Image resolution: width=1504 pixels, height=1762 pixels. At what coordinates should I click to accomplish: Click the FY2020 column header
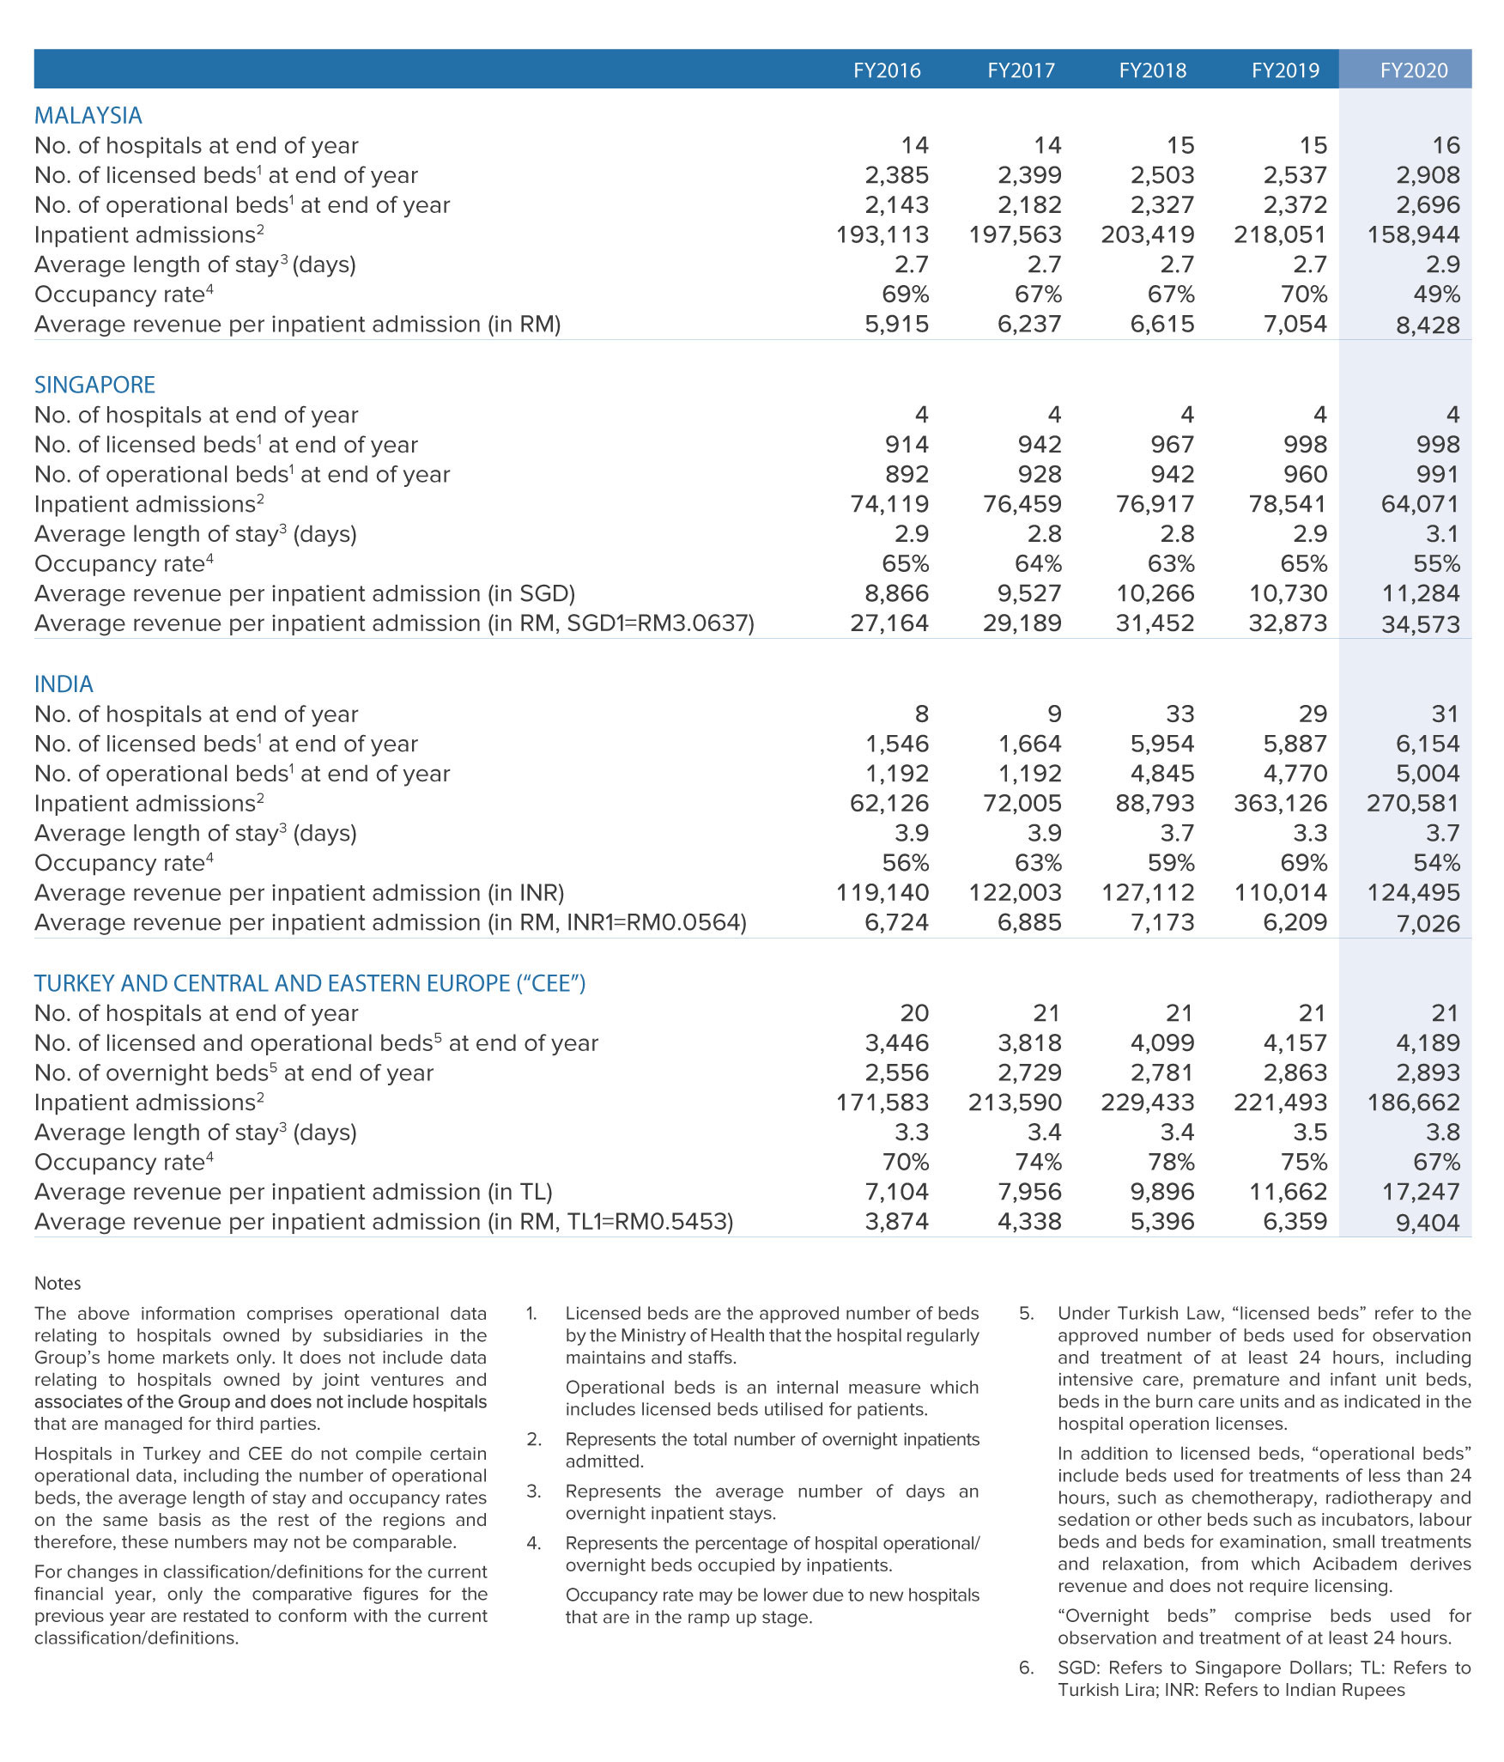tap(1413, 70)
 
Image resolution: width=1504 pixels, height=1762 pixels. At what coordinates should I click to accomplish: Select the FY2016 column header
tap(887, 70)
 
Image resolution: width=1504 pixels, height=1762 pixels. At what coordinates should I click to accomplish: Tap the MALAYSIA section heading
tap(88, 116)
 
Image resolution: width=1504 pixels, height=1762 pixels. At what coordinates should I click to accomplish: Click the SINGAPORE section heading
tap(95, 385)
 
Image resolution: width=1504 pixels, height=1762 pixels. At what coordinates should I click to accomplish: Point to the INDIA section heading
tap(64, 684)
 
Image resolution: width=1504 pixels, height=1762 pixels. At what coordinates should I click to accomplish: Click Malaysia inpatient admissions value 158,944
tap(1413, 235)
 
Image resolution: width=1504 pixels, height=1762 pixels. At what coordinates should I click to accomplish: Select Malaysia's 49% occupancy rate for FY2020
tap(1436, 295)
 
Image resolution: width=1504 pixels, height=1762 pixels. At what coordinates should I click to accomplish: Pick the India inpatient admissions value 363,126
tap(1280, 804)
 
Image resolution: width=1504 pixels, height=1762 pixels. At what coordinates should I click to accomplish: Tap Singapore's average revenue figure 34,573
tap(1420, 624)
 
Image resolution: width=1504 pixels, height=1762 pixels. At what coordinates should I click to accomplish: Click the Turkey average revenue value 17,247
tap(1413, 1192)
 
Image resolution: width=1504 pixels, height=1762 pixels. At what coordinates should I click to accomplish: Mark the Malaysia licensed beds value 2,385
tap(896, 175)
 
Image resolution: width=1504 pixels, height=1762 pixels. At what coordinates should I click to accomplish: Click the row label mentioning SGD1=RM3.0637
tap(394, 623)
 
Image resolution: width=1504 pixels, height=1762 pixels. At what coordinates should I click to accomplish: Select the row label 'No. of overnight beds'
tap(233, 1073)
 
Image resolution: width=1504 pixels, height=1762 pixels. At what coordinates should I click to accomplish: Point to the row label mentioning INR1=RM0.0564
tap(390, 923)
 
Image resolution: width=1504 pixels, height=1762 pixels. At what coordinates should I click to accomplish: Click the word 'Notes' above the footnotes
tap(58, 1284)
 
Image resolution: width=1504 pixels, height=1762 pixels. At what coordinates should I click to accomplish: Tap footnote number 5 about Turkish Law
tap(1026, 1314)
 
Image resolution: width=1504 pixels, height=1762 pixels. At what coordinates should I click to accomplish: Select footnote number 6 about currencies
tap(1026, 1668)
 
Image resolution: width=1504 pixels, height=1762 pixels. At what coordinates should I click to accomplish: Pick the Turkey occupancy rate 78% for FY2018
tap(1171, 1163)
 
